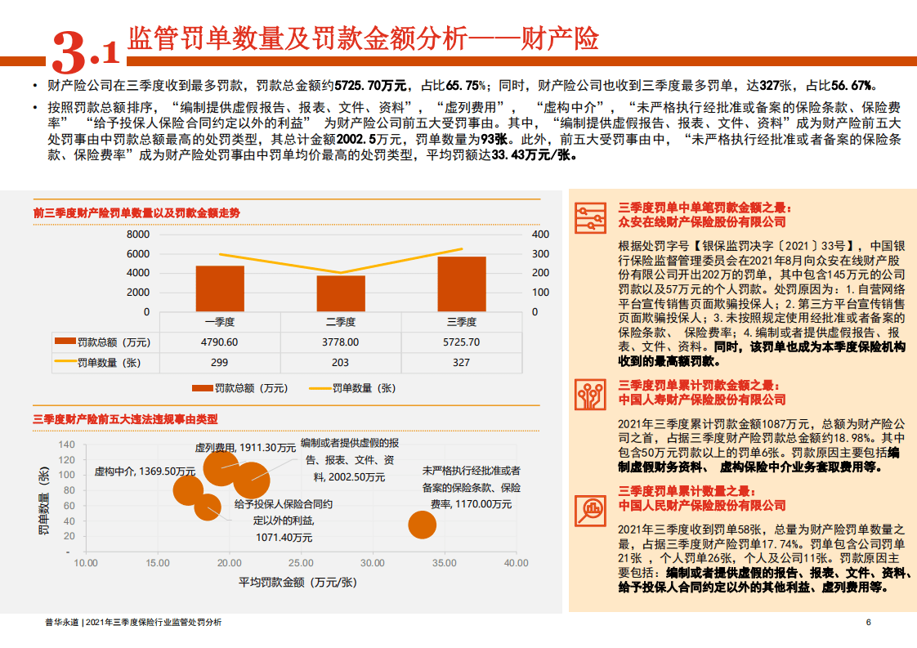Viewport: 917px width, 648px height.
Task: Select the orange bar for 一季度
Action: point(219,288)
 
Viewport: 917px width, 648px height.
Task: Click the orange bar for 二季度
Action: point(341,293)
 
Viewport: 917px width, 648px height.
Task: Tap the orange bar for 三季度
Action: point(462,284)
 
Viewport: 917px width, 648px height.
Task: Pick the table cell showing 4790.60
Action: point(219,342)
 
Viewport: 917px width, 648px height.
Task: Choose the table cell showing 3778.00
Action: point(341,342)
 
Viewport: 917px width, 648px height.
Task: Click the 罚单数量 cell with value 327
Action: point(462,362)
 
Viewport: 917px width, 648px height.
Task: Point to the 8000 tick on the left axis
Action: point(138,235)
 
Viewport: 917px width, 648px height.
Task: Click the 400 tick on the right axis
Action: point(540,235)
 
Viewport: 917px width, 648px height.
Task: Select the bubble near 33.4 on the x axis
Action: point(422,525)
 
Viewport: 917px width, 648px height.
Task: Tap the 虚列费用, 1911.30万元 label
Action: point(244,448)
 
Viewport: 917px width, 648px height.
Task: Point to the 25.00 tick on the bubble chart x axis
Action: point(302,563)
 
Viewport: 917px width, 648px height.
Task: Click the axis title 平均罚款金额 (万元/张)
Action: point(297,582)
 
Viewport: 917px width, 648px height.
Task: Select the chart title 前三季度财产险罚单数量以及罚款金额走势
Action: point(136,212)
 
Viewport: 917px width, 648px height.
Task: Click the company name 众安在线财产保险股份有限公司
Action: point(702,221)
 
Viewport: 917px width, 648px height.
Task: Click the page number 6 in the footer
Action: point(868,623)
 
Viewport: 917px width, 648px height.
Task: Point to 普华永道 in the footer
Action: point(61,623)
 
